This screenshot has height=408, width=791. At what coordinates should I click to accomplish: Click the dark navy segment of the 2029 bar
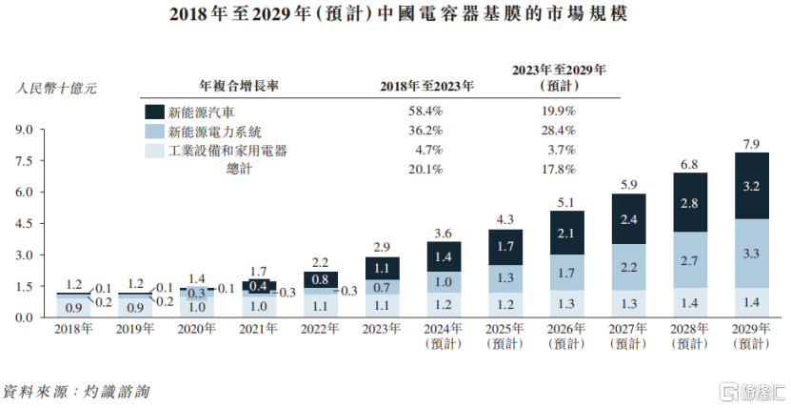751,186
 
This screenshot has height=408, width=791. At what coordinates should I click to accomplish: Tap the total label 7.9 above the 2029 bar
751,144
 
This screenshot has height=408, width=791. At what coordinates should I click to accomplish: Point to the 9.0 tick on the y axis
25,130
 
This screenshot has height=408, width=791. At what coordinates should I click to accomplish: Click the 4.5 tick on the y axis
25,224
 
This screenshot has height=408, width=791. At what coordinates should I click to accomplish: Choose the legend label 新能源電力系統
215,131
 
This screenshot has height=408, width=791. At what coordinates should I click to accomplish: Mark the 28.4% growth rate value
558,131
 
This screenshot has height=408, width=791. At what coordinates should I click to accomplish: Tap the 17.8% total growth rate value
558,170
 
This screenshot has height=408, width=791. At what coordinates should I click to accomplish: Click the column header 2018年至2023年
427,87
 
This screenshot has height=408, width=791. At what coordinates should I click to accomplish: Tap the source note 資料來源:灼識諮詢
76,391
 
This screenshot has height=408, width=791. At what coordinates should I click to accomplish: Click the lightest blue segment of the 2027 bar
627,303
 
